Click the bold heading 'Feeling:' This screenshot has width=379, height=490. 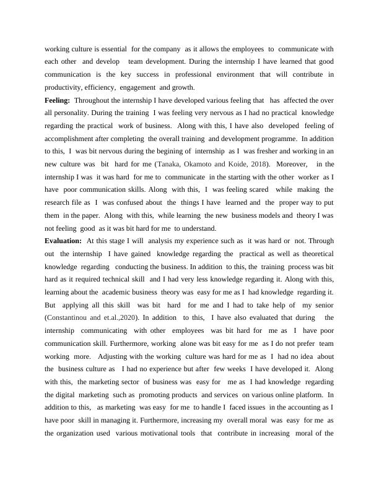[x=58, y=100]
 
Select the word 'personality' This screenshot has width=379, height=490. [x=72, y=113]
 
